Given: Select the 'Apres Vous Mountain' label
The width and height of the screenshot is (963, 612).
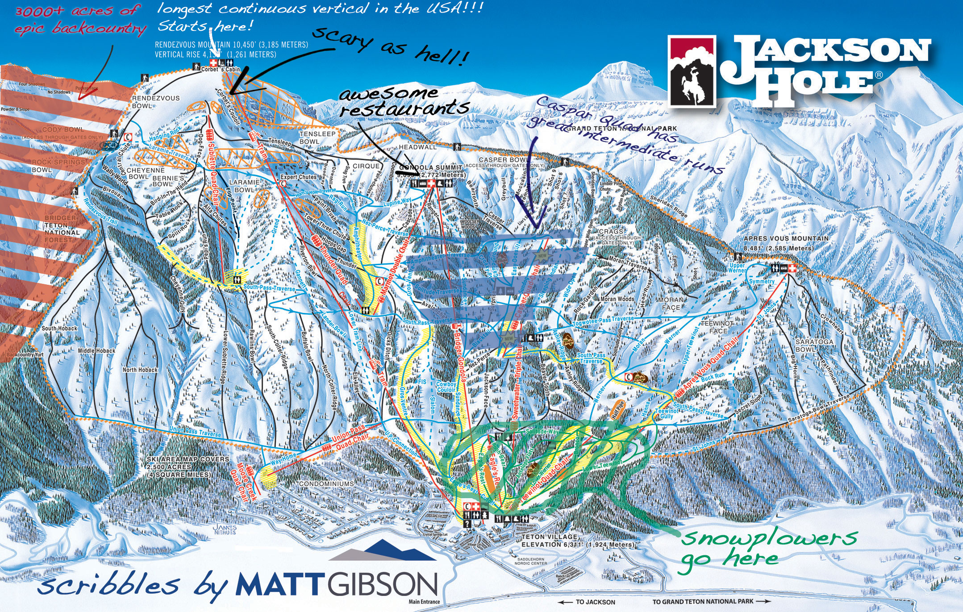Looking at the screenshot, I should [x=786, y=239].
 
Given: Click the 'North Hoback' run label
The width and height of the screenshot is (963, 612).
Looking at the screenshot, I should [x=140, y=370].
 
